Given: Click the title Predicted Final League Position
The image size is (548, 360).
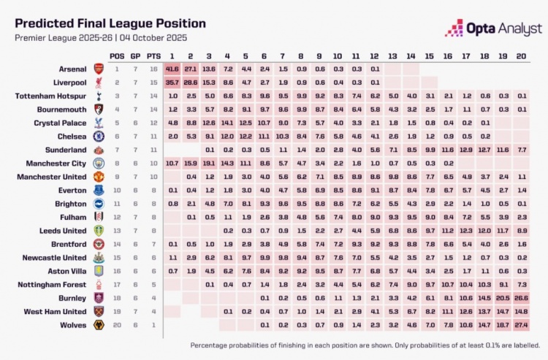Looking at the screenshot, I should click(x=110, y=23).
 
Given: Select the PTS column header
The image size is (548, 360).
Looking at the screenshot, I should click(x=153, y=55).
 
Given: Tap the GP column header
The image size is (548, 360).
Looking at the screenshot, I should click(x=135, y=55).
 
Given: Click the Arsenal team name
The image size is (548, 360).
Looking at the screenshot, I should click(x=74, y=69).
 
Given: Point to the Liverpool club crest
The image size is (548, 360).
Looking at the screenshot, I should click(x=97, y=83).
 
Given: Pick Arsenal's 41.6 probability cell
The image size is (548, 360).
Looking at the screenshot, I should click(x=172, y=69).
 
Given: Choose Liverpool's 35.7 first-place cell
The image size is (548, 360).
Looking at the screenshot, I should click(x=172, y=83).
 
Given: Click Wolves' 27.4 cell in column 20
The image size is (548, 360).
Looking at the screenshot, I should click(x=521, y=324).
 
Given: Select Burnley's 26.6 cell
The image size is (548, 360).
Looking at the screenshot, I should click(x=521, y=298).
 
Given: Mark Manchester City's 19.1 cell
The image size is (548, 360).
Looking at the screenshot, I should click(x=209, y=163).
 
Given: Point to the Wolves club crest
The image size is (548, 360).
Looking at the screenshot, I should click(x=97, y=324).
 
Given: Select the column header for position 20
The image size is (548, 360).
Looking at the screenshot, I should click(x=521, y=55).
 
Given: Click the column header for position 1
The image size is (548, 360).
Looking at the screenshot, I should click(x=172, y=55).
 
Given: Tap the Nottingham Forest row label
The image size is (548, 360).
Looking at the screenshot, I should click(x=56, y=284).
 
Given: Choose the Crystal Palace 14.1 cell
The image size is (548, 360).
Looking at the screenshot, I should click(x=227, y=123).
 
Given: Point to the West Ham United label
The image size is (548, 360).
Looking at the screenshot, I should click(x=58, y=311).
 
